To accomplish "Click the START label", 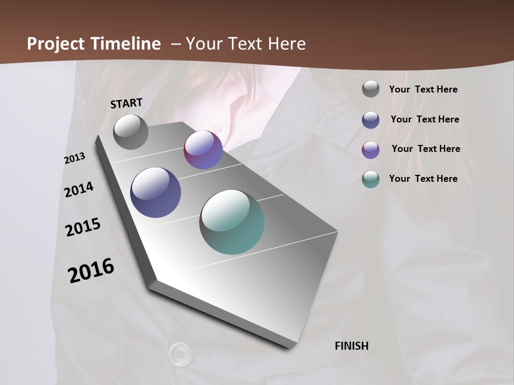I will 126,103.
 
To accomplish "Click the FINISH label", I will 352,346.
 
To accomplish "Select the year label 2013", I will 75,158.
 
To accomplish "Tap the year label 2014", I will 79,189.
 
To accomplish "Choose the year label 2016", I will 91,271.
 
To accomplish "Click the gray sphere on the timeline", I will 131,132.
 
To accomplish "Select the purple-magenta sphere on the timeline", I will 203,150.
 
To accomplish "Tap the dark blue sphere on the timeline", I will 155,192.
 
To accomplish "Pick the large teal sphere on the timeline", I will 232,222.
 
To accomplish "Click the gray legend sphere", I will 371,89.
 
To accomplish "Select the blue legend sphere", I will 371,119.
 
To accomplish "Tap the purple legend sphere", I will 371,149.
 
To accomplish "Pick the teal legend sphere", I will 371,179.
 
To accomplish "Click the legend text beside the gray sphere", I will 423,89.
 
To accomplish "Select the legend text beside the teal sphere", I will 423,179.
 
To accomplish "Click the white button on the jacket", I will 180,353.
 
